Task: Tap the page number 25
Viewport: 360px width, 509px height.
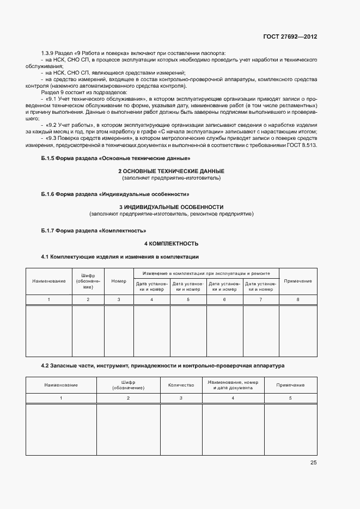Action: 313,463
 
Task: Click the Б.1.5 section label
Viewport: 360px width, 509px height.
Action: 53,158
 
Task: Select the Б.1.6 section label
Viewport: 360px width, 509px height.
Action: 53,194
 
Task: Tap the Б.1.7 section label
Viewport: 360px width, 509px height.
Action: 53,230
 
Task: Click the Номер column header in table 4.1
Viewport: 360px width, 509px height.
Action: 119,281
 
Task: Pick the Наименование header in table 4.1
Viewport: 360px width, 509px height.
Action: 49,281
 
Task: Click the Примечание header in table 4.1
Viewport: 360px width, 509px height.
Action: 298,281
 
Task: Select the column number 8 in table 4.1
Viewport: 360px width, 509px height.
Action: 298,300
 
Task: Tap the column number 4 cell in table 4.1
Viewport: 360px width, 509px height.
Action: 152,300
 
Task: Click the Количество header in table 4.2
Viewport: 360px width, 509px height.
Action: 181,384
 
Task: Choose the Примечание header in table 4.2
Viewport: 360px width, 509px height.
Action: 290,384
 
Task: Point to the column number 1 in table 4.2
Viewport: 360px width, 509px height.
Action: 61,398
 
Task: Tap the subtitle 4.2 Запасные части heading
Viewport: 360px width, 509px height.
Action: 163,366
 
